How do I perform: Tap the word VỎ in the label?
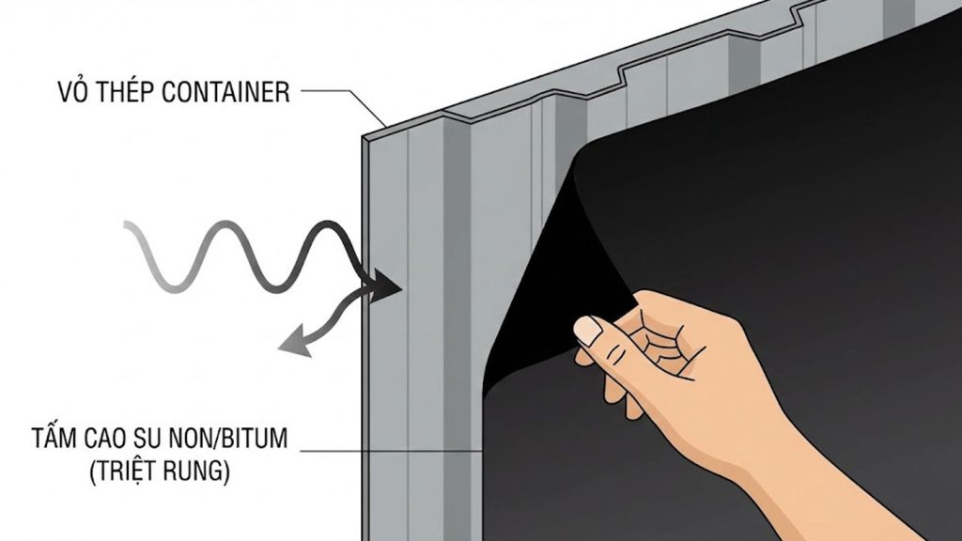[x=70, y=93]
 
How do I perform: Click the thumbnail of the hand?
[x=588, y=331]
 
